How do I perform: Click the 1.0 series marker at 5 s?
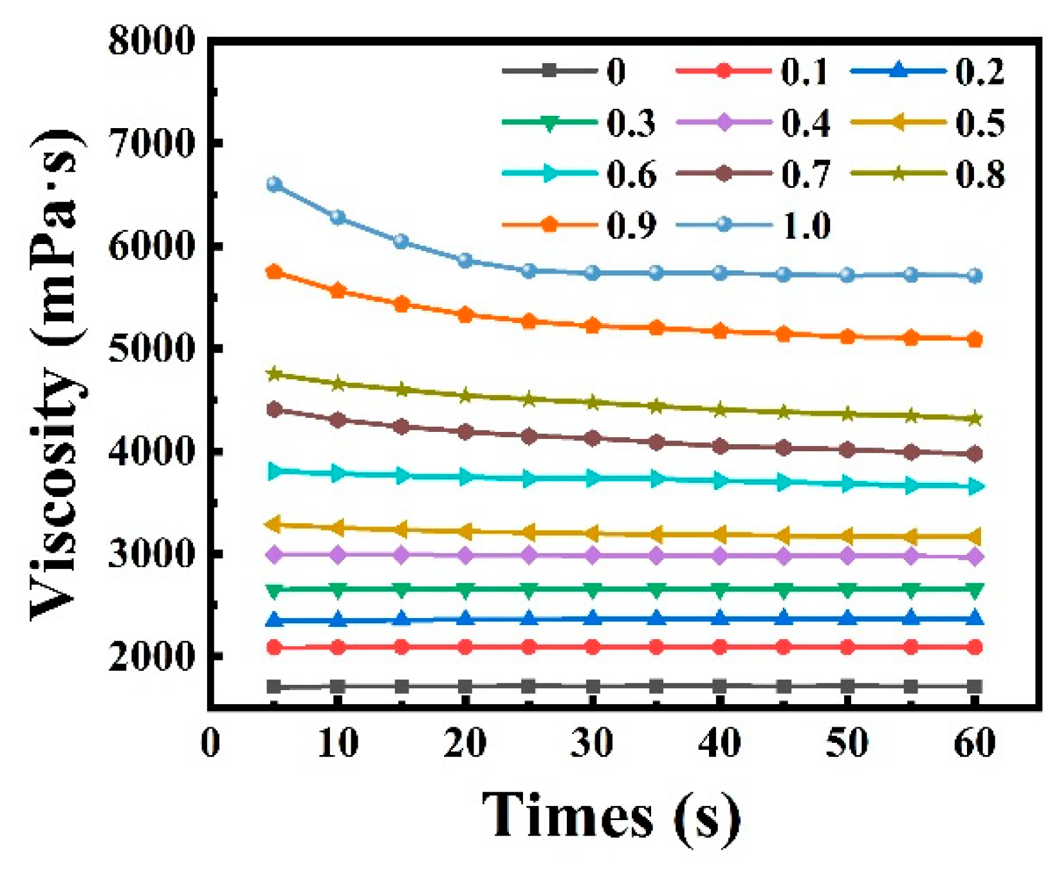tap(274, 185)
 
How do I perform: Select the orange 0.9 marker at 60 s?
tap(975, 339)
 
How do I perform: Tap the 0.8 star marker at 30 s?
tap(593, 403)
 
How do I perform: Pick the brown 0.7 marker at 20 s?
tap(465, 432)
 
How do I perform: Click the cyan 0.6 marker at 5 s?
tap(275, 471)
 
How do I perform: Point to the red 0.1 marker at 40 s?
tap(720, 647)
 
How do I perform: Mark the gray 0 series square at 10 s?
tap(338, 686)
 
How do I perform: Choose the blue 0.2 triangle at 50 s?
tap(847, 619)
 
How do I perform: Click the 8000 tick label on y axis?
tap(152, 41)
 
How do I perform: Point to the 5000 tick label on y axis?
tap(152, 348)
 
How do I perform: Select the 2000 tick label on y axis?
tap(152, 657)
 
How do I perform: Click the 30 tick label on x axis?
tap(592, 743)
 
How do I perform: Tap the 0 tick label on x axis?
tap(210, 743)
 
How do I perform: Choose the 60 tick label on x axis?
tap(975, 743)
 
